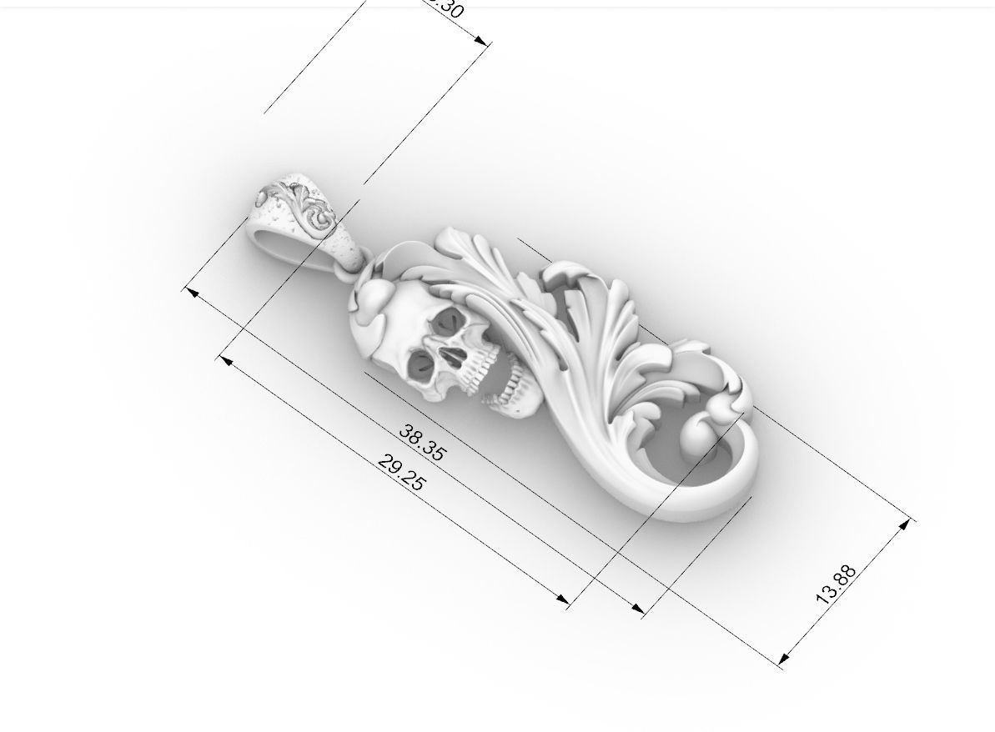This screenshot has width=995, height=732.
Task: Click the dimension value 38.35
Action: coord(423,443)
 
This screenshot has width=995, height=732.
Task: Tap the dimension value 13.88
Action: coord(836,584)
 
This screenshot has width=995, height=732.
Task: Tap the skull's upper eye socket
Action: coord(452,320)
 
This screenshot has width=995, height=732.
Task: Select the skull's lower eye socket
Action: coord(420,365)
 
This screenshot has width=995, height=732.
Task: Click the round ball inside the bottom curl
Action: coord(699,438)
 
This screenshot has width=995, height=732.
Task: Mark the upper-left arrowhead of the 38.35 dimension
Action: coord(191,293)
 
